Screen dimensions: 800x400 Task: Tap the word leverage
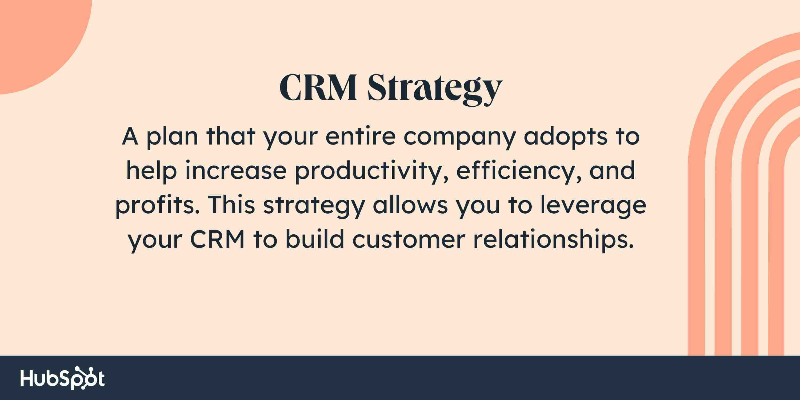[593, 206]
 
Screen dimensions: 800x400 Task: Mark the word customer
[409, 240]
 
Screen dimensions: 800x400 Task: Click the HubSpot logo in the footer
[62, 378]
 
